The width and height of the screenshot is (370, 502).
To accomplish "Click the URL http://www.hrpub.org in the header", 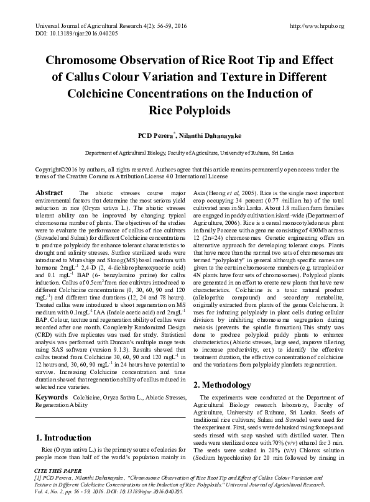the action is tap(317, 26).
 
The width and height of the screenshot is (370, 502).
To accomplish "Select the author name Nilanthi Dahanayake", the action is tap(206, 135).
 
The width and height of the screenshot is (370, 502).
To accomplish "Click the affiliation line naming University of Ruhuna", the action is tap(185, 152).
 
